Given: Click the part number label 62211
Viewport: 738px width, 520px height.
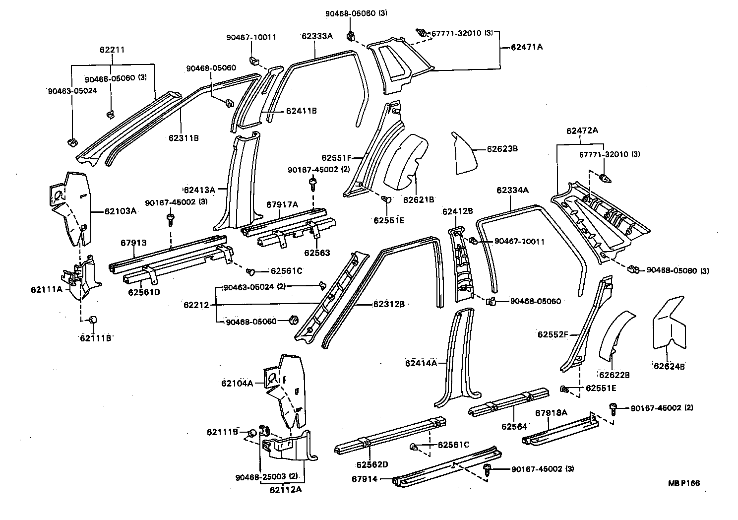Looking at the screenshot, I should pos(112,50).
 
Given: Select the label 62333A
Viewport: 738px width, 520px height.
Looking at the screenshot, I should pos(317,36).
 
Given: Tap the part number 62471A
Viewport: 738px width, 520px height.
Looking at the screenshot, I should pos(527,48).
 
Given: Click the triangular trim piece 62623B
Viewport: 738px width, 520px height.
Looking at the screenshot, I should pos(464,155).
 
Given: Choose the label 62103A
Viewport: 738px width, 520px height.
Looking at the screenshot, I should pos(120,210).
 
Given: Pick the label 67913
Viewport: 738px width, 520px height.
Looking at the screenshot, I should pos(133,243).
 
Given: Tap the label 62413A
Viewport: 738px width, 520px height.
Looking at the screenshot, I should pos(199,190).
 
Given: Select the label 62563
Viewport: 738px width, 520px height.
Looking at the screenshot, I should pos(317,253).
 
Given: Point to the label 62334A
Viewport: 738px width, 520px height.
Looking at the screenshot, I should pos(512,190).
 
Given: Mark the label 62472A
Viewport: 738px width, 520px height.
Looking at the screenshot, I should pos(582,131).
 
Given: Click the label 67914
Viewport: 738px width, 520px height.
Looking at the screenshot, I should pos(365,479).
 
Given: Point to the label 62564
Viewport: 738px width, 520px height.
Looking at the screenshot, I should pos(514,426).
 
